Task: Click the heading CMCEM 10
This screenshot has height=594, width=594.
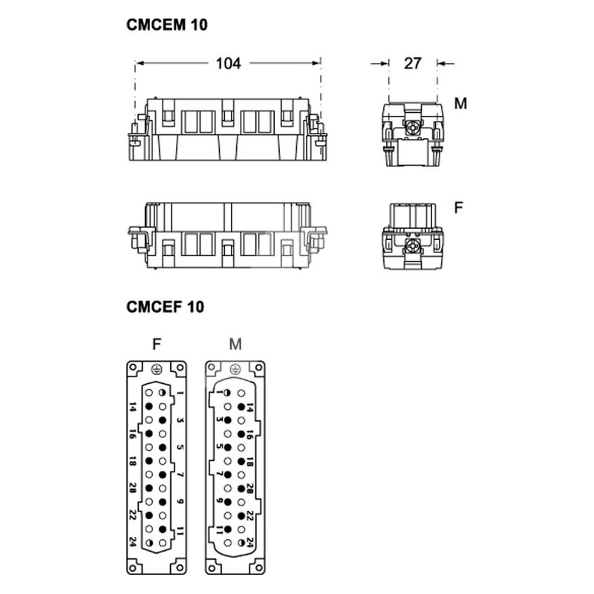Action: pos(167,25)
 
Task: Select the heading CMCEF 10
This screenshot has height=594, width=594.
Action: pos(165,307)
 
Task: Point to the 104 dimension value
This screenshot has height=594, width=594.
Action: pos(229,63)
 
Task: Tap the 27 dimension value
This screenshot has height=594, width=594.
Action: pos(413,63)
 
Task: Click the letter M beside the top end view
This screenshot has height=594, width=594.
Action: pos(460,103)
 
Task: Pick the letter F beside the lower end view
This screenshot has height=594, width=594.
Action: pos(458,208)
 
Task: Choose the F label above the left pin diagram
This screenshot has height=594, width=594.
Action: pos(157,344)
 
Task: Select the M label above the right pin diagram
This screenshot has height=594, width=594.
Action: pos(235,344)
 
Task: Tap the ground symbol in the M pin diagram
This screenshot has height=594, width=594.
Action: pos(235,369)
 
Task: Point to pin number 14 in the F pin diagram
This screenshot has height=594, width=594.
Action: pos(132,407)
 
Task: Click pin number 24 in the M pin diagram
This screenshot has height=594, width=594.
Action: pos(249,542)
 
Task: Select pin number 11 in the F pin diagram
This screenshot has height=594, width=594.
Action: pos(180,531)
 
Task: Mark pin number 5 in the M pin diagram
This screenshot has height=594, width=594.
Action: pos(219,446)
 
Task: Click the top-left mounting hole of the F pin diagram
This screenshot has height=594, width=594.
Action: pos(133,367)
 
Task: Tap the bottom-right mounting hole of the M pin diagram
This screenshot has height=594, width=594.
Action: pos(259,568)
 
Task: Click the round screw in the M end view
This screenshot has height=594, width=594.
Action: pos(412,129)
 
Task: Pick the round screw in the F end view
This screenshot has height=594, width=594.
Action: pos(412,247)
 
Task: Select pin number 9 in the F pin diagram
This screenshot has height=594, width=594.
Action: pos(180,502)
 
